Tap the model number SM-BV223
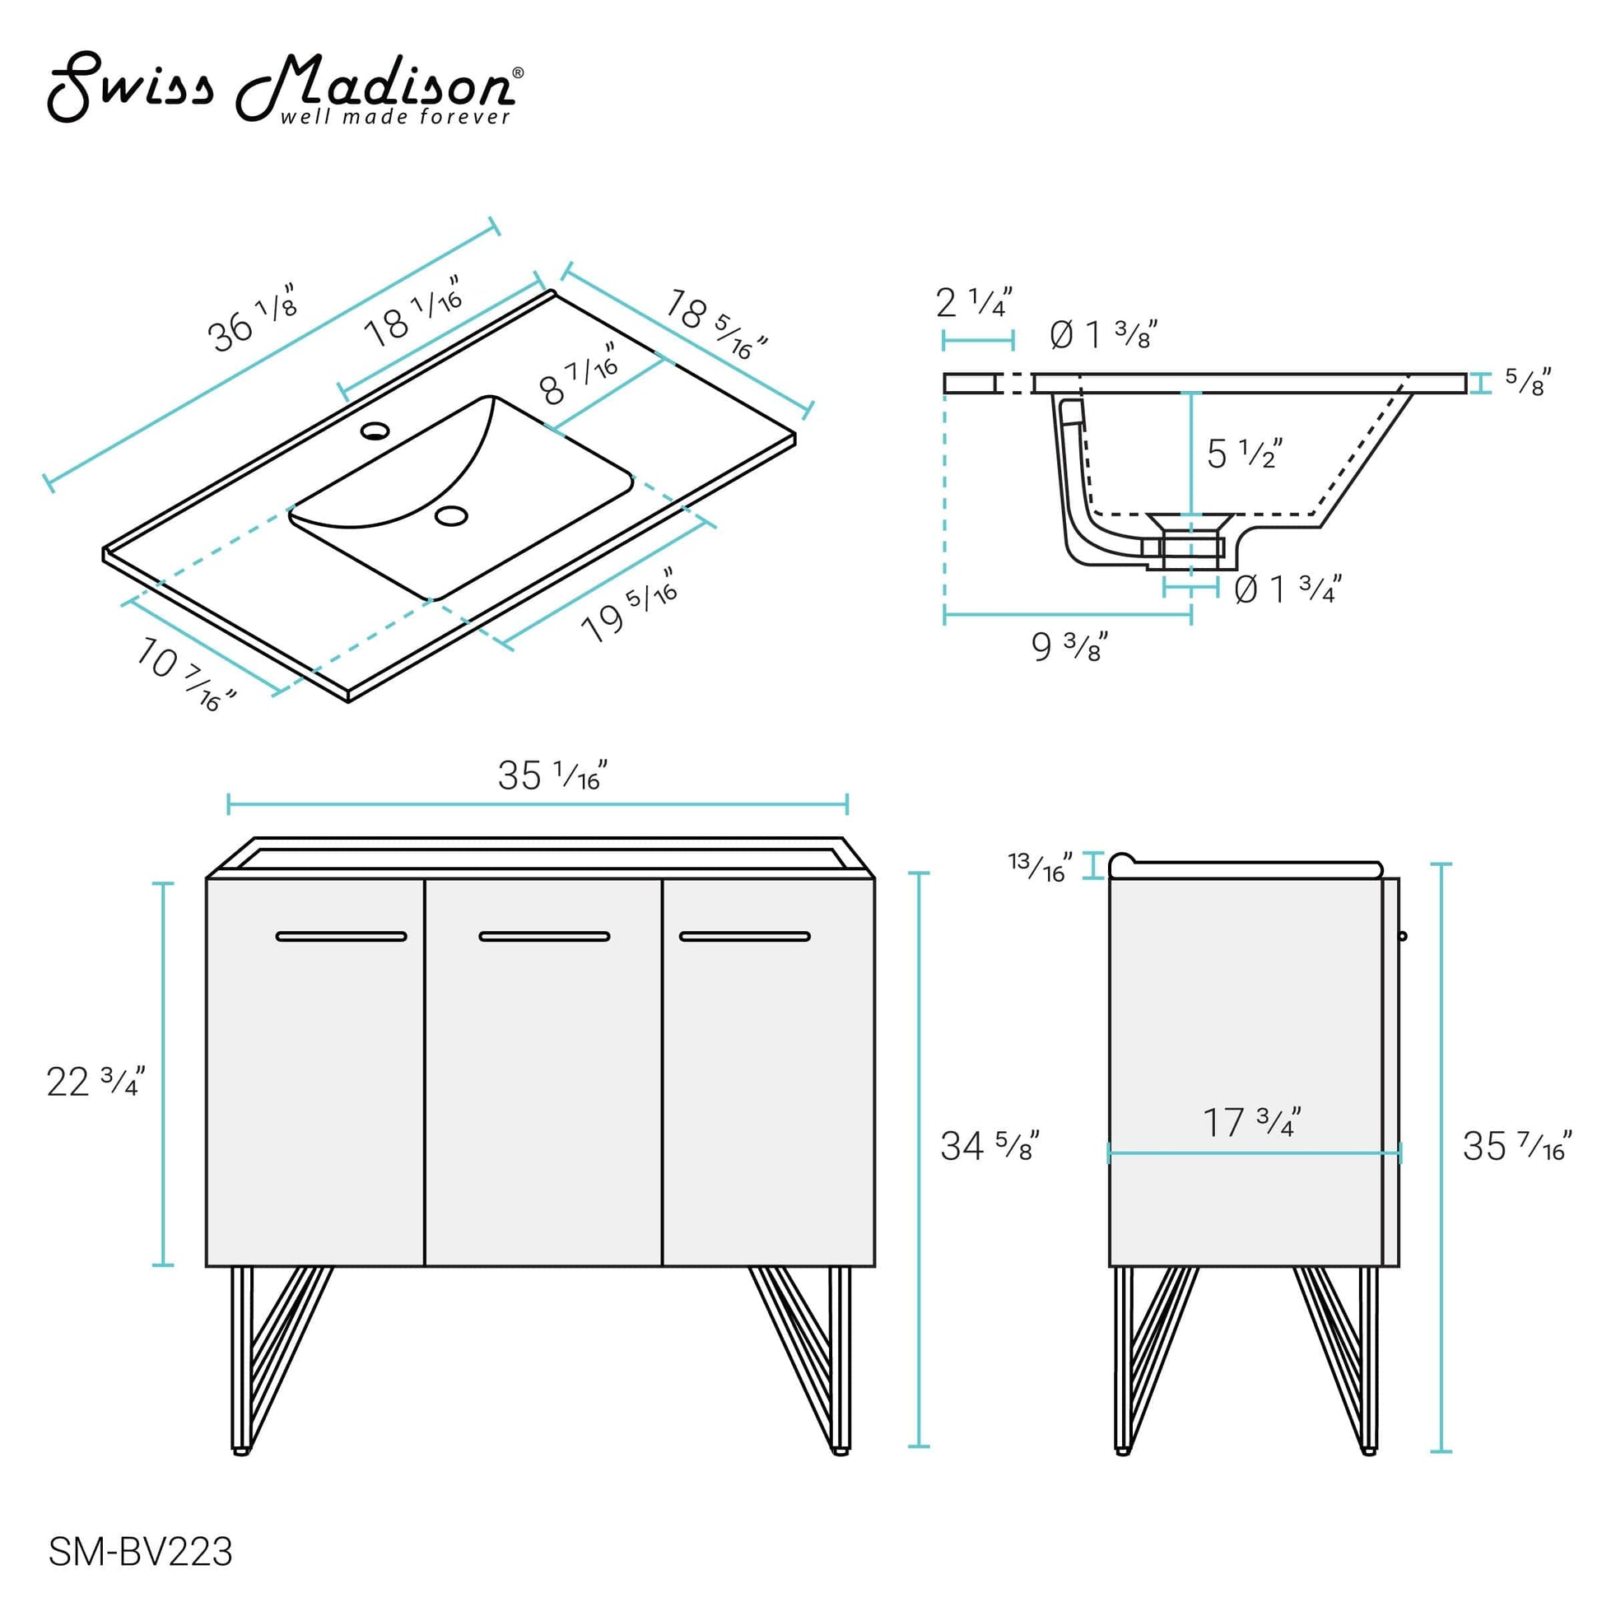(x=140, y=1551)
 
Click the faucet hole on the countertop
(x=375, y=431)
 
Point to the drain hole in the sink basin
(x=451, y=516)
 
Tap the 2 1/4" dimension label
(x=974, y=302)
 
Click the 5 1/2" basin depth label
(x=1244, y=453)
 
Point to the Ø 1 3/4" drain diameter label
(x=1287, y=589)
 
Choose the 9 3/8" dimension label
(x=1069, y=646)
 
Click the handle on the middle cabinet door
(x=544, y=936)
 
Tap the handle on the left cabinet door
(x=341, y=936)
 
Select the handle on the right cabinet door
(x=745, y=936)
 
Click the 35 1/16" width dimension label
(x=552, y=775)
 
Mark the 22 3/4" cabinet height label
(x=95, y=1082)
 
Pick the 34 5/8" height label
(x=990, y=1146)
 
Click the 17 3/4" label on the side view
(x=1252, y=1123)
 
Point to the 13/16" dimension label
(x=1040, y=867)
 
